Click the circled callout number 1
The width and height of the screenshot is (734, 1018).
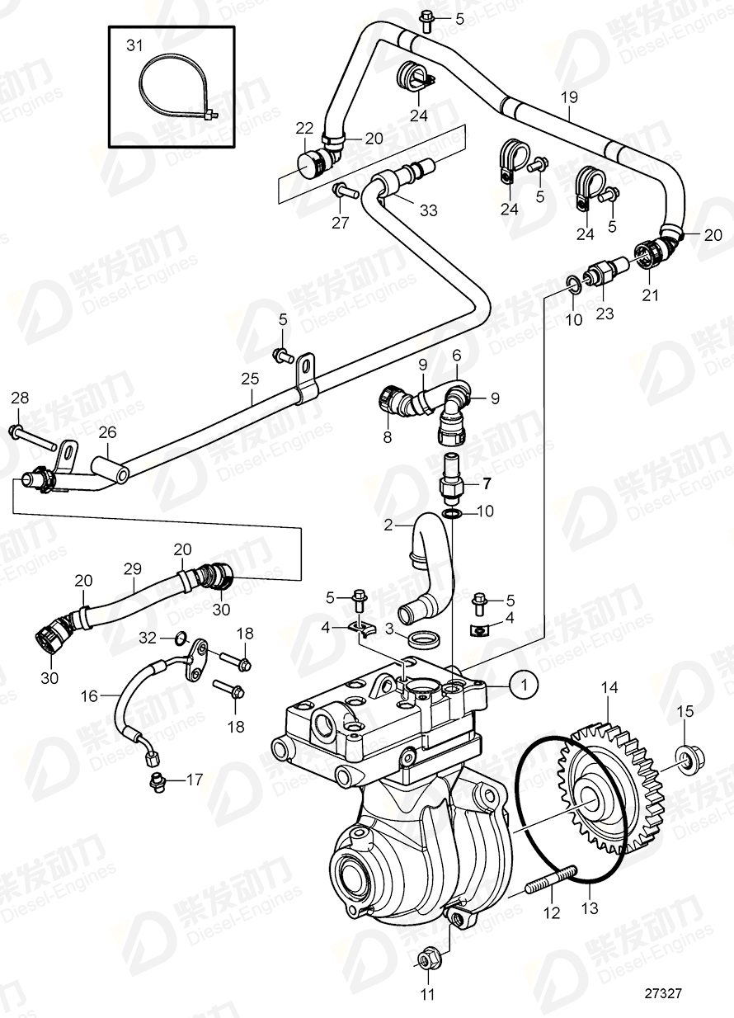coord(521,683)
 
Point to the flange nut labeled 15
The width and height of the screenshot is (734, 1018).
coord(685,758)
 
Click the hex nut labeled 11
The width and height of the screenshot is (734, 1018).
coord(427,959)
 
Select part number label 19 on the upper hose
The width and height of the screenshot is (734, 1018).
coord(569,98)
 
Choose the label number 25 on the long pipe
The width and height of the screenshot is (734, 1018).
coord(250,379)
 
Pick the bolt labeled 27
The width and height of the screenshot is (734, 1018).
coord(343,192)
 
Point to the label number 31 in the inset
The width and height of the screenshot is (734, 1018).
coord(134,46)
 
